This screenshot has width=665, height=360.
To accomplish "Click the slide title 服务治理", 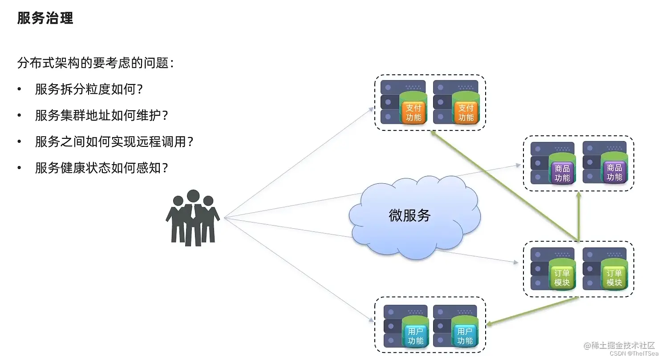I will click(x=45, y=18).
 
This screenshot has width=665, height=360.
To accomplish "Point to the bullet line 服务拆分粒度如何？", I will click(x=89, y=89).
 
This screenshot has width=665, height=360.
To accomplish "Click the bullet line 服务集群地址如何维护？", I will click(x=102, y=116).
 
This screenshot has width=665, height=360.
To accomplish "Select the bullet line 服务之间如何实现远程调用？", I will click(x=114, y=142).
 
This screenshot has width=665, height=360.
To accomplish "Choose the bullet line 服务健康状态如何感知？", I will click(x=102, y=168).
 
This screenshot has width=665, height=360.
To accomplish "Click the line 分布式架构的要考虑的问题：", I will click(x=95, y=63).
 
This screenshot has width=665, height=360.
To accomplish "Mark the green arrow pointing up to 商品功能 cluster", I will click(x=578, y=218).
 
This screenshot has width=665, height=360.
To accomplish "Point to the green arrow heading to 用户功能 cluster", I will click(x=532, y=311).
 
